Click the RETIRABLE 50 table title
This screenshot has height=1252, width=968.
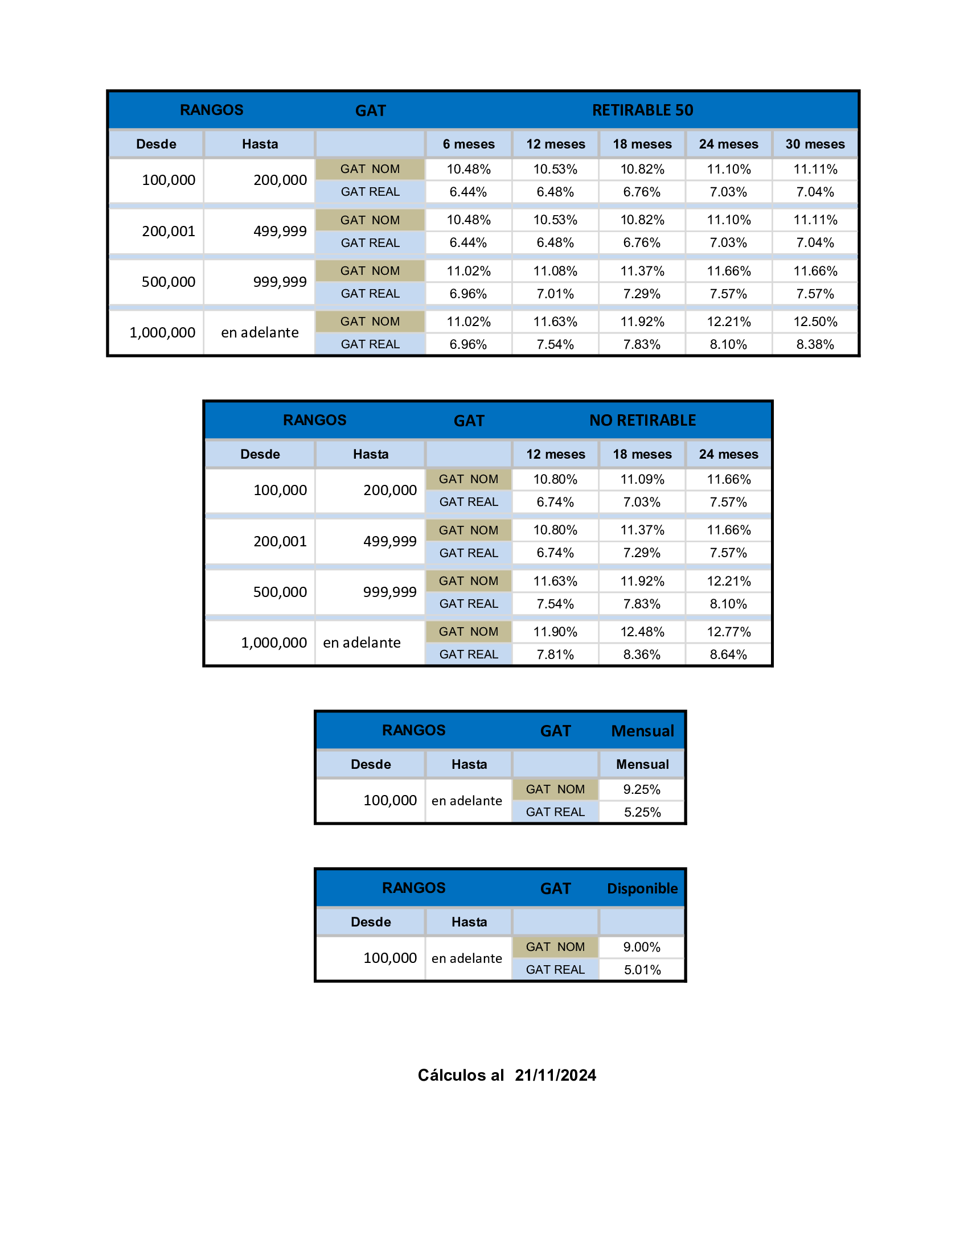pyautogui.click(x=642, y=110)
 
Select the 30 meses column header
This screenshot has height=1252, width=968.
pyautogui.click(x=815, y=144)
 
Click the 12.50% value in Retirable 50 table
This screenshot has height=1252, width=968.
pyautogui.click(x=815, y=322)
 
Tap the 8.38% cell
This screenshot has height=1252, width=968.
pyautogui.click(x=815, y=344)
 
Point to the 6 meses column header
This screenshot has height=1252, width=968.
pyautogui.click(x=469, y=144)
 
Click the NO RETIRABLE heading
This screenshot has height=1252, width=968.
pyautogui.click(x=642, y=420)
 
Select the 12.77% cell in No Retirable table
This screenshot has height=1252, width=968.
pyautogui.click(x=728, y=632)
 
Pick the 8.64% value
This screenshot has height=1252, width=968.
pyautogui.click(x=728, y=654)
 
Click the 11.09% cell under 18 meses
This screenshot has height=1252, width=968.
pyautogui.click(x=642, y=479)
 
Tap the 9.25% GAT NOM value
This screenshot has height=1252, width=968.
pyautogui.click(x=642, y=789)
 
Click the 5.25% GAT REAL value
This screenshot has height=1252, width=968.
pyautogui.click(x=642, y=812)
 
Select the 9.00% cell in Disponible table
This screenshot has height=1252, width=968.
pyautogui.click(x=642, y=947)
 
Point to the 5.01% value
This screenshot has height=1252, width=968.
pyautogui.click(x=642, y=970)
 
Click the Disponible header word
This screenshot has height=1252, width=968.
pyautogui.click(x=642, y=888)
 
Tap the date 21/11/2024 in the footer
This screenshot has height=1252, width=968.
pyautogui.click(x=555, y=1075)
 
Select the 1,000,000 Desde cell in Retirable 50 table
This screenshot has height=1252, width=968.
pyautogui.click(x=162, y=332)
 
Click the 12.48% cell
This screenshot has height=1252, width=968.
pyautogui.click(x=642, y=632)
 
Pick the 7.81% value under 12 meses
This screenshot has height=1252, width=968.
pyautogui.click(x=555, y=654)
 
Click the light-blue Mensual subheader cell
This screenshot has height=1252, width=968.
pyautogui.click(x=642, y=764)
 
